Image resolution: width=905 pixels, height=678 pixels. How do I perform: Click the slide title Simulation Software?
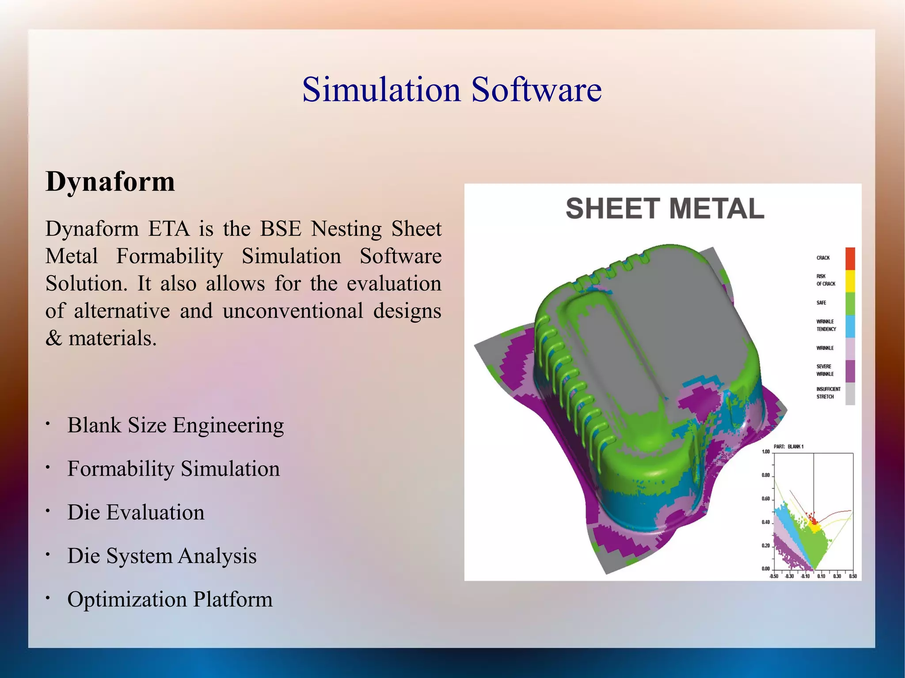(x=452, y=90)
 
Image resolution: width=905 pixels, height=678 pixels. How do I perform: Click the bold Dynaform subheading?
(x=110, y=182)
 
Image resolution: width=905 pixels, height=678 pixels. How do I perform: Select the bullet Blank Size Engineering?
(x=175, y=425)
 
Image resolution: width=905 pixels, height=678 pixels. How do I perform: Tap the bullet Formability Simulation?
(x=173, y=469)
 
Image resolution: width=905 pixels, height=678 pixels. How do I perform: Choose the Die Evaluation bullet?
(x=136, y=512)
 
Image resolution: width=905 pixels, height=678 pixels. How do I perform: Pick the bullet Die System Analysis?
(x=162, y=556)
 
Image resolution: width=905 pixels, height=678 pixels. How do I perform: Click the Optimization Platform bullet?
(x=170, y=599)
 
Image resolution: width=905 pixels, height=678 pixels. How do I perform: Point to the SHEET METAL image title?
(x=665, y=208)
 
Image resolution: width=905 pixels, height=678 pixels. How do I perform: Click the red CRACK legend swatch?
(x=850, y=258)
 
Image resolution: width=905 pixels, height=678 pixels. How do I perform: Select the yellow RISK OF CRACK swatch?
(x=850, y=281)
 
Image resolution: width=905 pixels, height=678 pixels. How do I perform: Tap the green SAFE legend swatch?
(x=850, y=303)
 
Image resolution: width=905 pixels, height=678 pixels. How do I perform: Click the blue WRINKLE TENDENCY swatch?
(x=850, y=326)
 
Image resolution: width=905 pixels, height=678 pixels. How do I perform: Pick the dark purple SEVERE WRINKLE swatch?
(x=850, y=371)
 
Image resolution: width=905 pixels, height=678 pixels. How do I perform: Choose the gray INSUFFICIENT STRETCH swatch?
(x=850, y=394)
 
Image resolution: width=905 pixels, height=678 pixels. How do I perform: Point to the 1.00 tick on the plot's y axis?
(x=766, y=452)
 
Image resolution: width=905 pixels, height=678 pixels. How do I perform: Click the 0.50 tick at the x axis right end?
(x=852, y=576)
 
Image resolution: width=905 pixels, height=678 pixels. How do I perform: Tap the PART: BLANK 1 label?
(x=788, y=447)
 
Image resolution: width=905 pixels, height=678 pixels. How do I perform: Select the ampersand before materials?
(x=53, y=339)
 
